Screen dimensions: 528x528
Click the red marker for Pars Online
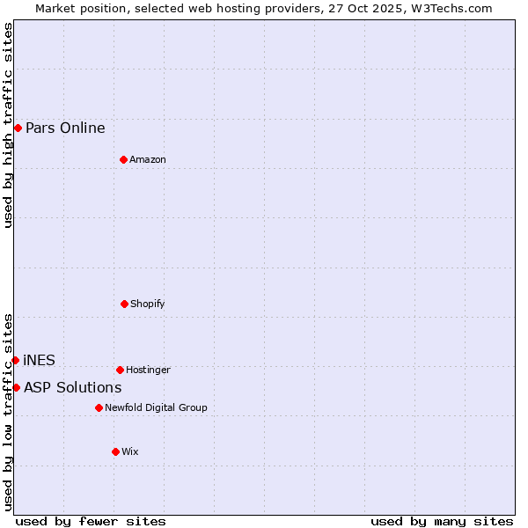click(x=18, y=128)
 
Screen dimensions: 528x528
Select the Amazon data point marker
click(x=123, y=159)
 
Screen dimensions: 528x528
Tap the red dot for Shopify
click(x=124, y=304)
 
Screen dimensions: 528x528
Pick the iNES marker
click(x=15, y=360)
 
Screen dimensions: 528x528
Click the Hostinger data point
click(x=120, y=370)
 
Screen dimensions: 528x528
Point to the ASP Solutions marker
click(x=16, y=387)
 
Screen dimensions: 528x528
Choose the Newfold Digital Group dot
click(x=99, y=407)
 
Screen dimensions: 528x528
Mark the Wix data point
click(x=115, y=451)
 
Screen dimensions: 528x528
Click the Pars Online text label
click(x=65, y=128)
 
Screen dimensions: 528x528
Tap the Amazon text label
click(x=148, y=159)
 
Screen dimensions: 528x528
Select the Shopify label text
click(x=148, y=304)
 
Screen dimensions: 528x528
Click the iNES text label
click(x=39, y=360)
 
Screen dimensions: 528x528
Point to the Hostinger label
click(x=148, y=370)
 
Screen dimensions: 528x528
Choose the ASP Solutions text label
click(x=72, y=387)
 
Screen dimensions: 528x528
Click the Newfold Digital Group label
click(x=156, y=407)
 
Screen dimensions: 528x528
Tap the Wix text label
click(x=130, y=451)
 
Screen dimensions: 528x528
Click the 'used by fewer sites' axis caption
click(x=91, y=521)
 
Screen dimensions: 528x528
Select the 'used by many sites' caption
click(x=442, y=521)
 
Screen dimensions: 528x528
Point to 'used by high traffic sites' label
click(x=8, y=124)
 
